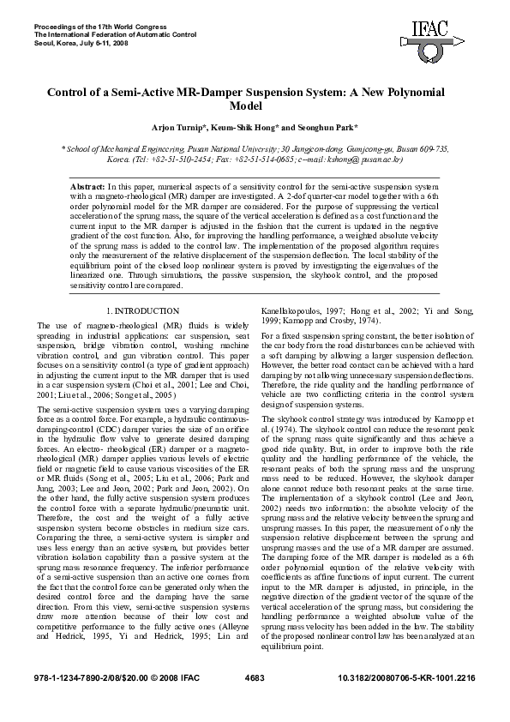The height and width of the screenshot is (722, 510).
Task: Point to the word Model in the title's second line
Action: click(x=255, y=106)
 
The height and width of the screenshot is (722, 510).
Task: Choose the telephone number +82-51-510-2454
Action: click(x=170, y=159)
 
